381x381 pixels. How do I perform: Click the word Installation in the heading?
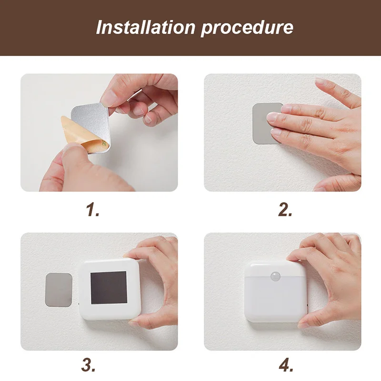coord(146,27)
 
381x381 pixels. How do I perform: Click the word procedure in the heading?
coord(247,28)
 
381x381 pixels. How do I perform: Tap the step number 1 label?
coord(93,210)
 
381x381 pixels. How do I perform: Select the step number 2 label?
coord(285,210)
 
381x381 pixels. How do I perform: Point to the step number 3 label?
coord(88,364)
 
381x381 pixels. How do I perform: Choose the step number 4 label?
coord(286,364)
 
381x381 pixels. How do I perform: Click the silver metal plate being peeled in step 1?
coord(92,121)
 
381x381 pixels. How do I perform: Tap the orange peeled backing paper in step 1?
coord(80,134)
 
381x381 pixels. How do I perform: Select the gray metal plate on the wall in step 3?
coord(59,290)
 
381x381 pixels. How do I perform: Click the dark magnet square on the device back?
coord(109,288)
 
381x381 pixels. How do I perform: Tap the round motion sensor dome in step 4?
coord(275,276)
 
